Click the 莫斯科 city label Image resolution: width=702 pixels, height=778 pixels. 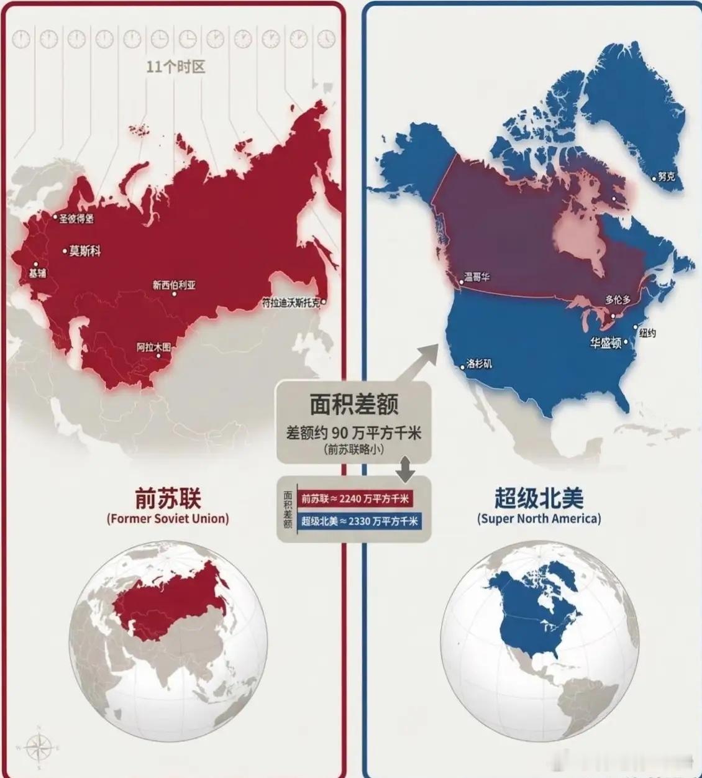[84, 251]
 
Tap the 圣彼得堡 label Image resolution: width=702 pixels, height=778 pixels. [76, 219]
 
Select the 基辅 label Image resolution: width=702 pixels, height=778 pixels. [37, 272]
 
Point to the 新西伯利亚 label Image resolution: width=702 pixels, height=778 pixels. [174, 285]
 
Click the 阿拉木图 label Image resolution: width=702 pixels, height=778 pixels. [153, 347]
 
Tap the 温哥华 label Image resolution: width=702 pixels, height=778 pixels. [477, 277]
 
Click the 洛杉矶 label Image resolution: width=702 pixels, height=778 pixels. [479, 364]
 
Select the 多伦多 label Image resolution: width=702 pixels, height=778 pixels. [618, 300]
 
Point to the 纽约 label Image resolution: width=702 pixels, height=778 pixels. [647, 333]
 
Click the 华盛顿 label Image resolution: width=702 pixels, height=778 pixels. [606, 342]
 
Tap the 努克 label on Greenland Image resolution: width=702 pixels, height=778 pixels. [666, 176]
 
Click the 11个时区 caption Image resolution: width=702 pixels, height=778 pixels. [175, 66]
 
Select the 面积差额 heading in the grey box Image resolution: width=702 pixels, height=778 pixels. [354, 406]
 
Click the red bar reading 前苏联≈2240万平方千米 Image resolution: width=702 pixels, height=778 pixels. [355, 498]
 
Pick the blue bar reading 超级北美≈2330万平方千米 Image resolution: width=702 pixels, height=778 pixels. [359, 521]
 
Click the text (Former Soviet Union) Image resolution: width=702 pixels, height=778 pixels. [168, 518]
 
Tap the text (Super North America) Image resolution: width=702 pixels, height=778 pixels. [539, 518]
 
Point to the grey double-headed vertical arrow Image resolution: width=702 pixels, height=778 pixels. [406, 469]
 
